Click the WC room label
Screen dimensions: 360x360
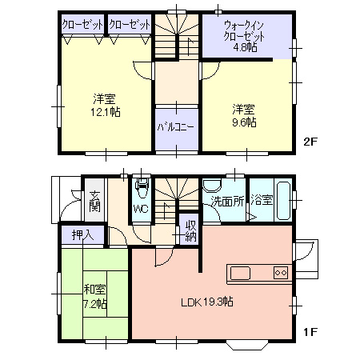(141, 209)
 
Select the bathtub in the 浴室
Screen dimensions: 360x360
(283, 201)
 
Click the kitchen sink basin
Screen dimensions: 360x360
(240, 274)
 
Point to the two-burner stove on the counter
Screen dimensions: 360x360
(281, 273)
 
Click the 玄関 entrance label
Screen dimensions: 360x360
(94, 202)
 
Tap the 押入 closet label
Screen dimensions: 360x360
(82, 234)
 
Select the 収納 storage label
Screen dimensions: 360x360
(191, 231)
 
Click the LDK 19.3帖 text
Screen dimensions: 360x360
(207, 302)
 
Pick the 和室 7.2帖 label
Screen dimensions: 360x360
(95, 296)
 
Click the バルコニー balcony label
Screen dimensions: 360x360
(175, 127)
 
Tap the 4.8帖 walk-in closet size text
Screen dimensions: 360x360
(246, 47)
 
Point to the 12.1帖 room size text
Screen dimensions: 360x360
(106, 112)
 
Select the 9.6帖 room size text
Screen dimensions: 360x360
(244, 122)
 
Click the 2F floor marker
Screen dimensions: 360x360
(310, 142)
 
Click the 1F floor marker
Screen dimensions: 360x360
(310, 332)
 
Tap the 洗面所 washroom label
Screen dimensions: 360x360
(227, 202)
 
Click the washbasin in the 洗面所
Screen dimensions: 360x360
(212, 186)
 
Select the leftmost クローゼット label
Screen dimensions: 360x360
(82, 25)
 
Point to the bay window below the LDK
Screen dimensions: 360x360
(246, 345)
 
